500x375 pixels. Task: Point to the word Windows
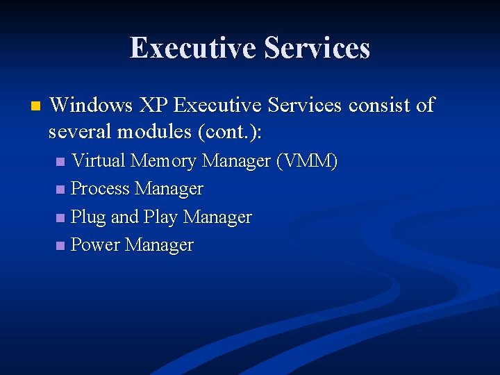(92, 105)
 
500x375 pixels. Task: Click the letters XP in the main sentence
(153, 105)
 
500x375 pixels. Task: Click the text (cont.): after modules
(230, 132)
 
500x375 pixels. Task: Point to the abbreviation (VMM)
(306, 161)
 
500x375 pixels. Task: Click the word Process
(101, 189)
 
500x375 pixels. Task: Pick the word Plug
(88, 217)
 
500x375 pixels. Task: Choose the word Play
(160, 217)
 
